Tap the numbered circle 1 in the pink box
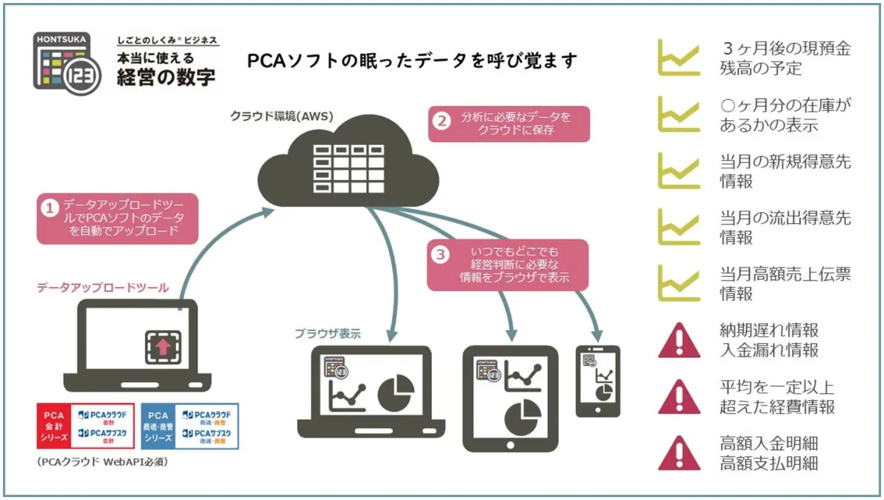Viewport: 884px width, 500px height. coord(50,208)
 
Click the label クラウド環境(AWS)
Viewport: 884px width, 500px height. coord(281,116)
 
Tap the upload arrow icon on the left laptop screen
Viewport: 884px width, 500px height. coord(163,345)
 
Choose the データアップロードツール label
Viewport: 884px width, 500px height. coord(102,287)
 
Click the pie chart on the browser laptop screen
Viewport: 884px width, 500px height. coord(396,392)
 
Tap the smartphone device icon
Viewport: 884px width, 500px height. coord(597,381)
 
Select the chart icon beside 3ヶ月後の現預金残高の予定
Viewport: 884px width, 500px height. coord(678,60)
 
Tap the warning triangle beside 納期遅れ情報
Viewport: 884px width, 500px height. coord(678,340)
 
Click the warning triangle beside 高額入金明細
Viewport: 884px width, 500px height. coord(678,454)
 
